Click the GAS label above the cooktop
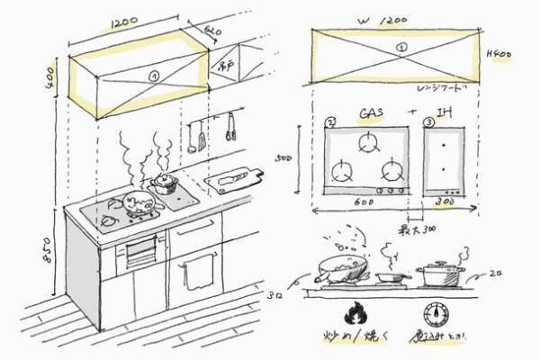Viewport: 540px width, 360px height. coord(372,114)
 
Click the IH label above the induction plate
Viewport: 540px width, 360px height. coord(447,114)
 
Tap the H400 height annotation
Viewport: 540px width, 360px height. coord(498,53)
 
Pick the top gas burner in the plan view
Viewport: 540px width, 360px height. coord(367,142)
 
